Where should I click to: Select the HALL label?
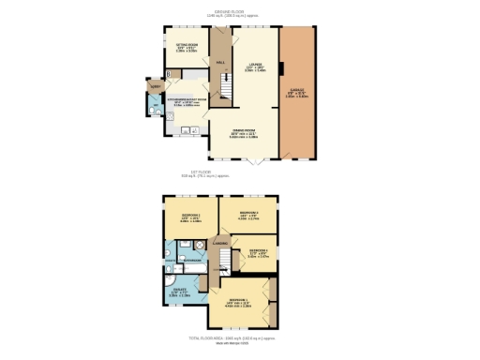[220, 62]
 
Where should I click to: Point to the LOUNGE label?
[253, 66]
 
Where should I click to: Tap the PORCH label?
[155, 85]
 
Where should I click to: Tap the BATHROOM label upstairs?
[193, 260]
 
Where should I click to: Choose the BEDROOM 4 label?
[259, 251]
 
